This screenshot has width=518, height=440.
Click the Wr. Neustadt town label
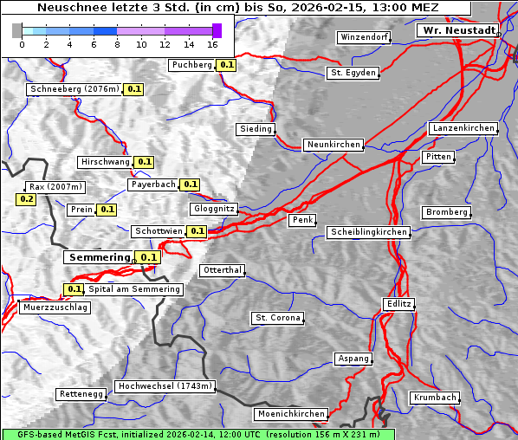coord(458,30)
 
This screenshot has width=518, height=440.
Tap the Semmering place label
coord(98,257)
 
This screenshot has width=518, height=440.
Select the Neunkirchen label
coord(333,145)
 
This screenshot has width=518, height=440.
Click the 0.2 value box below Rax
coord(26,199)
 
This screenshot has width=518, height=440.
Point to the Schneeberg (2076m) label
coord(74,89)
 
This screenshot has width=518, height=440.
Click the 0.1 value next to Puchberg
coord(226,65)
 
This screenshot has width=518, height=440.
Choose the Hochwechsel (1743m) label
coord(165,386)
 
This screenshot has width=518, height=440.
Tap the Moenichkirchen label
coord(292,415)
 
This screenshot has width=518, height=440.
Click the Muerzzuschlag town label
coord(54,307)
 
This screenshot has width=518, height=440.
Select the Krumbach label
coord(433,398)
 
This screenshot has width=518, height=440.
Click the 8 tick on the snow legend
coord(117,44)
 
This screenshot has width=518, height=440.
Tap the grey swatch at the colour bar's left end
coord(17,30)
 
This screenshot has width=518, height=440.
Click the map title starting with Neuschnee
coord(237,8)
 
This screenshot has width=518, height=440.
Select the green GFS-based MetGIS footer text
coord(197,434)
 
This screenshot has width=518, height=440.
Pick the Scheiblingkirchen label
coord(368,232)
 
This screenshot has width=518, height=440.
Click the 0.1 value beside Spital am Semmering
coord(74,289)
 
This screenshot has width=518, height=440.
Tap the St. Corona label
coord(277,318)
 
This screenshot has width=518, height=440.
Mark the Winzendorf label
coord(364,38)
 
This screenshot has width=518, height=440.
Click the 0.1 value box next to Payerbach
coord(191,184)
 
